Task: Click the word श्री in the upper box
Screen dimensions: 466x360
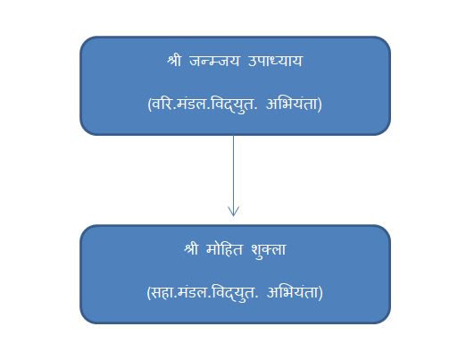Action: pos(174,61)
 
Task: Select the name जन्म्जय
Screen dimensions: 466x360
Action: pos(214,61)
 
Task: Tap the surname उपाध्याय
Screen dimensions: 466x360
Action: pos(275,61)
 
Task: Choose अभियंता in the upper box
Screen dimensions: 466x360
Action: pos(292,104)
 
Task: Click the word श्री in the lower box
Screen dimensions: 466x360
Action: pos(191,249)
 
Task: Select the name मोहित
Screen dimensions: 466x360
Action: pos(225,249)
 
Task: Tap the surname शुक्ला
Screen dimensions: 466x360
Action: pos(269,250)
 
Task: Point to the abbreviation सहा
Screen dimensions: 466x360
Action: pos(163,292)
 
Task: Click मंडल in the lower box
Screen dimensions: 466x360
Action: pos(194,292)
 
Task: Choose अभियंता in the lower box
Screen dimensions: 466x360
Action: pos(293,292)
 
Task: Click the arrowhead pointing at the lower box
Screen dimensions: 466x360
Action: pos(233,212)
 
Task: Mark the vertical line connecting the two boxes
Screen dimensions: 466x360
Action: pos(233,176)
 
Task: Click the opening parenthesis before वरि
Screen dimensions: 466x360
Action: pos(149,105)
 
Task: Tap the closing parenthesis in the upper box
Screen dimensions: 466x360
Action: pos(320,105)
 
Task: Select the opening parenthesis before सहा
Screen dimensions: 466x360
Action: pos(148,293)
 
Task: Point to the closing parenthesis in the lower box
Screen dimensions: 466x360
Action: pos(320,293)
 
